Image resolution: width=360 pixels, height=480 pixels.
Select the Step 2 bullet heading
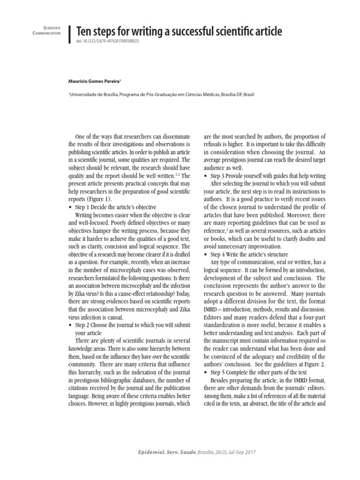click(129, 325)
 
